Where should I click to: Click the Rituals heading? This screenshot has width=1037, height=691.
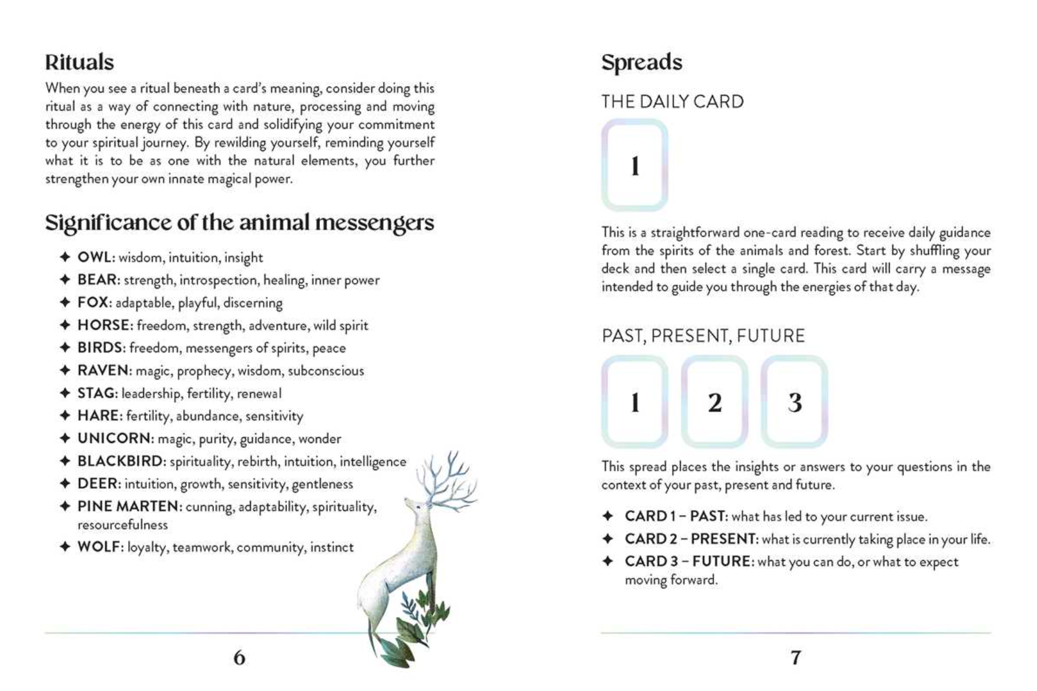tap(80, 62)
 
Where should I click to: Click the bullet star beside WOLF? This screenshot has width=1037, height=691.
tap(65, 547)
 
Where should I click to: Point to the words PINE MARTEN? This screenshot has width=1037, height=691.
tap(128, 506)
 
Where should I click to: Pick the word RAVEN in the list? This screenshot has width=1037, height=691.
tap(102, 371)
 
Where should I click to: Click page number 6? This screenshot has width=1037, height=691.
tap(239, 658)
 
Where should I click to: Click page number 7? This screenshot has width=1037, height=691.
tap(795, 658)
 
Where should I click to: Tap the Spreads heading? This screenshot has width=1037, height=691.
tap(642, 62)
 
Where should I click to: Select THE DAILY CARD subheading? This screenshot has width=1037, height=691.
tap(672, 102)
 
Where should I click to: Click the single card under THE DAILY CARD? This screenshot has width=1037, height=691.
tap(635, 165)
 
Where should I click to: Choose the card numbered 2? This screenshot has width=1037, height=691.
tap(714, 402)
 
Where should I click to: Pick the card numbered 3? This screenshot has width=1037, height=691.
tap(794, 402)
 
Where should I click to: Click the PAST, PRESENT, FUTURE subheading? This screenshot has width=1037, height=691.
tap(703, 336)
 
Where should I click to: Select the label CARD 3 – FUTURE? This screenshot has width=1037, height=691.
tap(688, 561)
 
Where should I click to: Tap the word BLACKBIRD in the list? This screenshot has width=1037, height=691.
tap(120, 461)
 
